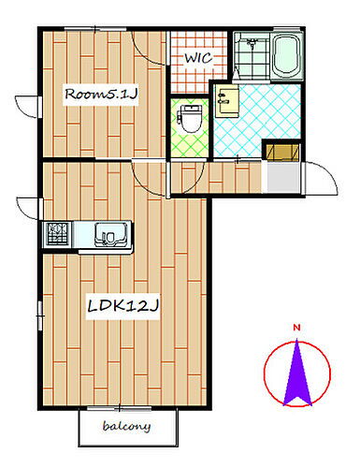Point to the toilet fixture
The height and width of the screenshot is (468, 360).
191,117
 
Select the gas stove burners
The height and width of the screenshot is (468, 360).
58,233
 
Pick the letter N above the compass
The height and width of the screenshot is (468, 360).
297,327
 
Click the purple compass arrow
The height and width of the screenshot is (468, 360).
297,373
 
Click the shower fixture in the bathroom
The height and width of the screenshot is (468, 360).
250,44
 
